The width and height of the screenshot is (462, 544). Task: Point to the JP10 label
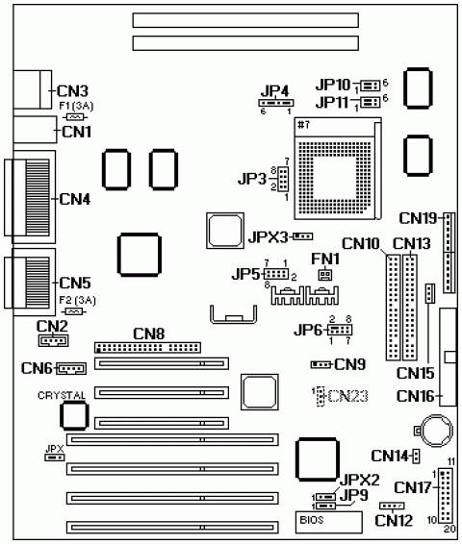click(x=333, y=85)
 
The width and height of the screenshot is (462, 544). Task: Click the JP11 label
click(x=333, y=101)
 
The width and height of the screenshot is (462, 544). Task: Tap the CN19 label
click(x=419, y=217)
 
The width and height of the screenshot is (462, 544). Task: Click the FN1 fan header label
click(x=324, y=259)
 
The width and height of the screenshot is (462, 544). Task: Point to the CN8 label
click(x=149, y=334)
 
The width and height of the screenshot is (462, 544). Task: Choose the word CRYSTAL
click(x=63, y=395)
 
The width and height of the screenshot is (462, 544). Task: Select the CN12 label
click(x=393, y=520)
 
